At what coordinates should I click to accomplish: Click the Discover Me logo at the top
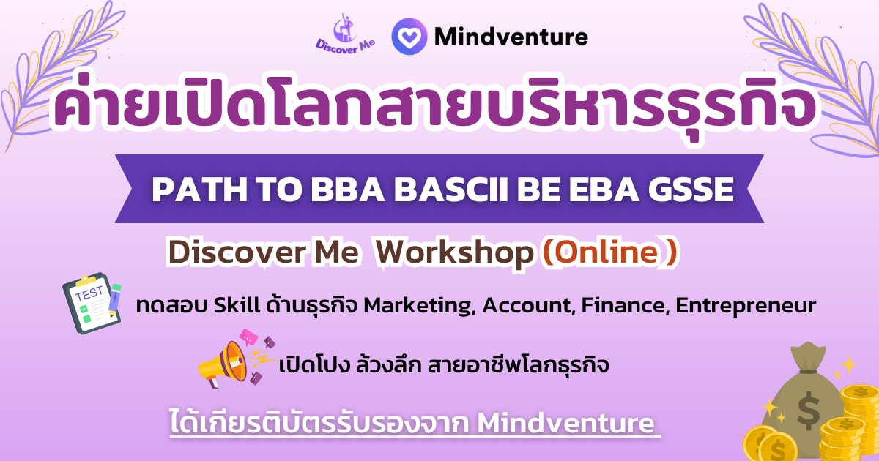[345, 34]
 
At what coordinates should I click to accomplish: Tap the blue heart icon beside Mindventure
[409, 37]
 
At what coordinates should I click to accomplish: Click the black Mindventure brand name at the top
[511, 37]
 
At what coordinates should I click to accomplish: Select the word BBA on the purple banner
[347, 190]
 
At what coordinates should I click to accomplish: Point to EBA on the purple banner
[604, 190]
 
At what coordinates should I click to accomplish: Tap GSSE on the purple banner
[691, 190]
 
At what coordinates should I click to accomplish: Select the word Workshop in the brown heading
[455, 253]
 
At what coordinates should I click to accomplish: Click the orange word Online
[607, 252]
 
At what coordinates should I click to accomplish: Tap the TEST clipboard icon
[92, 303]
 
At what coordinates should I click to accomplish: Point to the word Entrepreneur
[746, 306]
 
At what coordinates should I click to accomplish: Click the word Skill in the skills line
[237, 305]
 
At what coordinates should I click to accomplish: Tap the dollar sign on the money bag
[809, 411]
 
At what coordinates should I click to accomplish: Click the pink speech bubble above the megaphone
[248, 337]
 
